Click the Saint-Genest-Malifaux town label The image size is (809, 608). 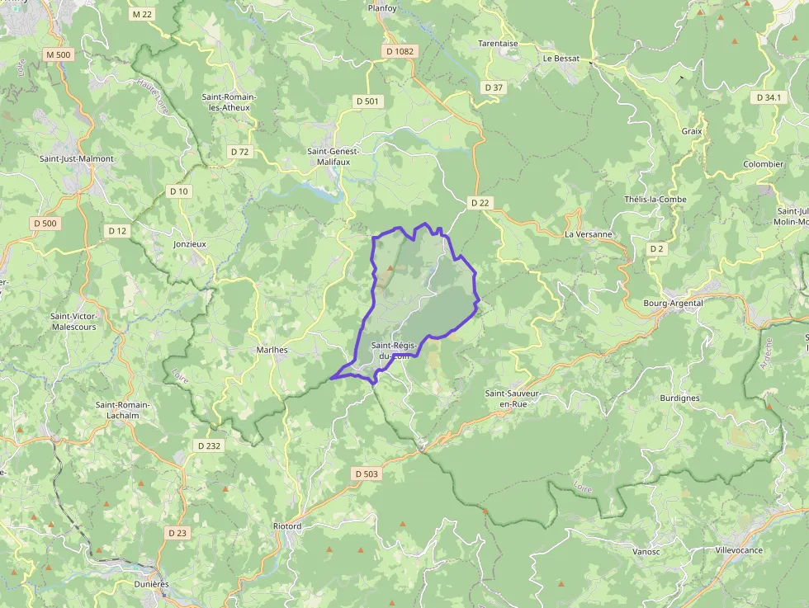[x=329, y=157]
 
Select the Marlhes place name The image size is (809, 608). [x=272, y=350]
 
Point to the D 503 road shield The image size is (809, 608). [x=366, y=474]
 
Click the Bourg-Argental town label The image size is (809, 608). [x=673, y=303]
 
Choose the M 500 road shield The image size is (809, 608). [x=59, y=54]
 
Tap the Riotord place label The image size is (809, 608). [x=287, y=526]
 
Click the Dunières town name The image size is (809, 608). [x=151, y=584]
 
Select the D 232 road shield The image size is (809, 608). [x=209, y=445]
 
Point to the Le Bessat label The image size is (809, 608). [x=561, y=59]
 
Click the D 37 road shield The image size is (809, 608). [x=494, y=87]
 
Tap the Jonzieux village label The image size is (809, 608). [x=190, y=244]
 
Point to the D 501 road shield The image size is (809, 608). [x=367, y=101]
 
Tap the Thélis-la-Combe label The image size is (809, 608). [x=655, y=200]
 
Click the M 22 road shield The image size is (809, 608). [x=142, y=14]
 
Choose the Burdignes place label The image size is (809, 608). [x=679, y=398]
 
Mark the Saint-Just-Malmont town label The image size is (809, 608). [x=77, y=158]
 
